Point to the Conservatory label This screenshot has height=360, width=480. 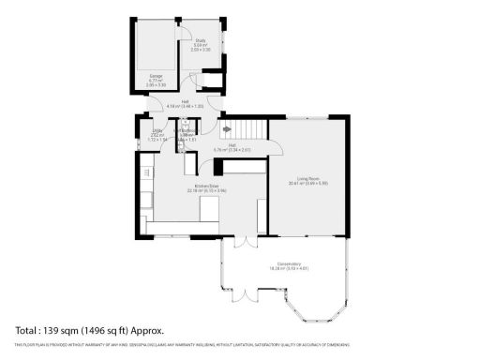click(289, 264)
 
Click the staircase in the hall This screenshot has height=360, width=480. click(250, 127)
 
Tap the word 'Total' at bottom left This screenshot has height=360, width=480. click(26, 330)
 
